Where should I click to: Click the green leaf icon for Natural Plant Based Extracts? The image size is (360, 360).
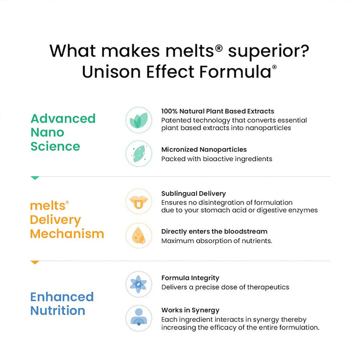pyautogui.click(x=138, y=120)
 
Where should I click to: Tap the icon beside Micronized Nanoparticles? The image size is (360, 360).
pyautogui.click(x=138, y=153)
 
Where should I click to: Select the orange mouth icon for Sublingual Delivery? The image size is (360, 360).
pyautogui.click(x=138, y=201)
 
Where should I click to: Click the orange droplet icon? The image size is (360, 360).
pyautogui.click(x=138, y=235)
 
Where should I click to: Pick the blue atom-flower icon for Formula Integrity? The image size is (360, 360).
pyautogui.click(x=138, y=284)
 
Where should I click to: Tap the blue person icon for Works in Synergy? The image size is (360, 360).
pyautogui.click(x=138, y=318)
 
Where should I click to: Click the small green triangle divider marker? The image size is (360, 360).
pyautogui.click(x=35, y=178)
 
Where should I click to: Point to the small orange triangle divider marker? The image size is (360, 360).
pyautogui.click(x=35, y=262)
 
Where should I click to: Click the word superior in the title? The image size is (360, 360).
pyautogui.click(x=268, y=52)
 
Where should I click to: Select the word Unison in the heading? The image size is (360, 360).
pyautogui.click(x=111, y=71)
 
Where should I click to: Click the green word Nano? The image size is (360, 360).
pyautogui.click(x=47, y=132)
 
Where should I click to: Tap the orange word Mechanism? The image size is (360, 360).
pyautogui.click(x=67, y=233)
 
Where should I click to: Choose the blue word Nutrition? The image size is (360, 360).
pyautogui.click(x=58, y=310)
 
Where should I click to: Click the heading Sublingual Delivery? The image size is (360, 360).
pyautogui.click(x=193, y=194)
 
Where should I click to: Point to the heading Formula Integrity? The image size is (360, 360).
pyautogui.click(x=190, y=278)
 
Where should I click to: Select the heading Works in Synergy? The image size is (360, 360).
pyautogui.click(x=190, y=310)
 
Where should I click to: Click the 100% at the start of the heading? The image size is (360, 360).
pyautogui.click(x=169, y=111)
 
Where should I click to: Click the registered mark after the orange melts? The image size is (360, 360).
pyautogui.click(x=67, y=202)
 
